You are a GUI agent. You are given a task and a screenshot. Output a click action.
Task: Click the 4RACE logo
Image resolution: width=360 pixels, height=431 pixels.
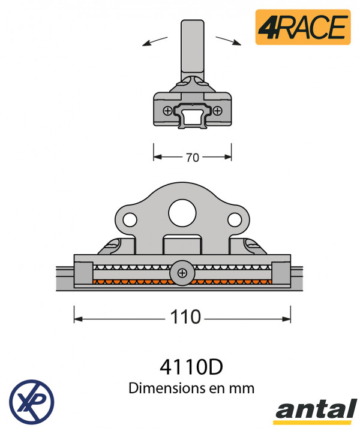pos(302,27)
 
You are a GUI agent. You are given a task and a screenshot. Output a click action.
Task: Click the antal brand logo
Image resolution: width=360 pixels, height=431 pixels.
pos(315,411)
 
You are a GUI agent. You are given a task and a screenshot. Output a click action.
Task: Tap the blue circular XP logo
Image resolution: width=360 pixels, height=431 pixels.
pos(31,400)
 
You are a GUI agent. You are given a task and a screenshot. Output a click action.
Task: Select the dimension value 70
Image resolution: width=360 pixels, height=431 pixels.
pos(193,158)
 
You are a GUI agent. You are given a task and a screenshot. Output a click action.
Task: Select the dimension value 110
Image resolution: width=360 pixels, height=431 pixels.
pos(185,317)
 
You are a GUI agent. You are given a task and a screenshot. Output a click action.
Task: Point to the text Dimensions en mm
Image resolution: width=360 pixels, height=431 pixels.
pos(191,388)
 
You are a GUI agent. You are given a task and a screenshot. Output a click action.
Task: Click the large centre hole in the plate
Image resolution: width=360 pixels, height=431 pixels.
pos(182,212)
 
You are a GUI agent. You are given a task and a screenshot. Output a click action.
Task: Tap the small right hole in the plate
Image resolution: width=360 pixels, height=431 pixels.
pos(235,219)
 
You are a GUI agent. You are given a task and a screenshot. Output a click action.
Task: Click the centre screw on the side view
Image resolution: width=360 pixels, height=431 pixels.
pos(182,273)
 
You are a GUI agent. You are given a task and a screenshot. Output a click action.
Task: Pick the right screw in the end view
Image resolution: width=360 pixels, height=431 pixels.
pos(217,110)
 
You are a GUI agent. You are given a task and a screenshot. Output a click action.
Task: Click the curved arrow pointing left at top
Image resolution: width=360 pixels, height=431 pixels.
pos(155,40)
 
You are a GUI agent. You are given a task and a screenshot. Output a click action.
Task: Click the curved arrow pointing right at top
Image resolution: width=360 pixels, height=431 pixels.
pos(229,40)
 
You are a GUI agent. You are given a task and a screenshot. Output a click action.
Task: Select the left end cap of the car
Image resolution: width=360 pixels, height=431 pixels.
pos(83,273)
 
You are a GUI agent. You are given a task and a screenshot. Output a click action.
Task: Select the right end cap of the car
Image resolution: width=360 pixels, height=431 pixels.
pos(281,273)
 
